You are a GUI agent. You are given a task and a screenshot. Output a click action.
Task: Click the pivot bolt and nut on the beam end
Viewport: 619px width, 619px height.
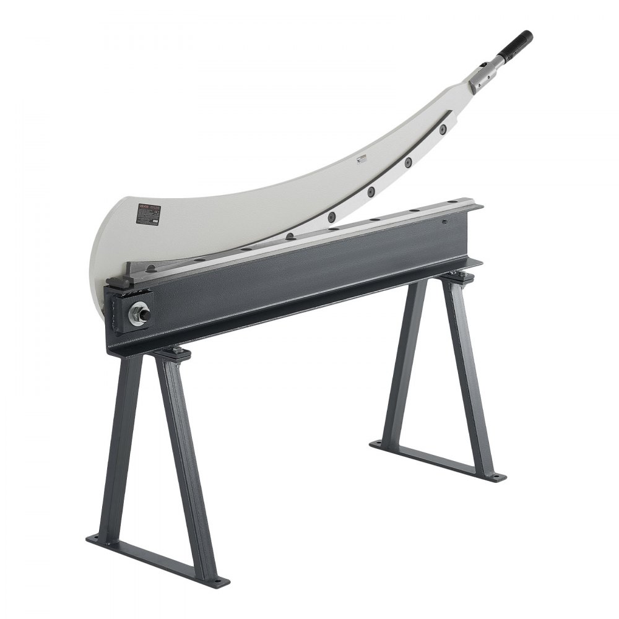coord(139,314)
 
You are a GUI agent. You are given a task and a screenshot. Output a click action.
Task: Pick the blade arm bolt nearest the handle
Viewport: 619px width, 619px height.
coord(443,129)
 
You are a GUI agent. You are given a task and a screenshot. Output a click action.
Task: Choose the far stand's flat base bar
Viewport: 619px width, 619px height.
coord(436,461)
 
